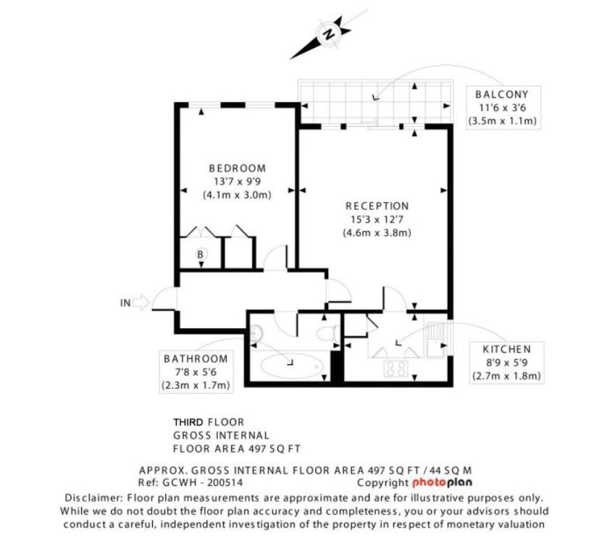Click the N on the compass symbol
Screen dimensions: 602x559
329,34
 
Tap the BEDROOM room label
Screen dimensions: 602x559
238,169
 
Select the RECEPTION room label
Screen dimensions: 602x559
377,206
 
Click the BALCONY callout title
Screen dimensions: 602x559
502,94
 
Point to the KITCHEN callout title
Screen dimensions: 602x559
507,350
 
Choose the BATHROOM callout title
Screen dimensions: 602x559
196,359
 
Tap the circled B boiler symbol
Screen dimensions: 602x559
200,254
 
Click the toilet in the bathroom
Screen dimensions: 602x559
327,333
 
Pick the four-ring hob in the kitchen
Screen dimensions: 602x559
396,369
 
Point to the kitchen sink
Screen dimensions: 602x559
436,340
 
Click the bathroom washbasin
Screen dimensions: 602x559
256,333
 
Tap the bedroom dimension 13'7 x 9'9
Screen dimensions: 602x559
238,182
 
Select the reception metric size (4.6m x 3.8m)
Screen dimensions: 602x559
377,233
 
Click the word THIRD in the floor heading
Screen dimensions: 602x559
188,422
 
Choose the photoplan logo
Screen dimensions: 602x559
443,483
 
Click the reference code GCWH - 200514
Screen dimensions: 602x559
203,482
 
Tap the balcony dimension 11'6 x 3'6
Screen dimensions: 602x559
503,108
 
